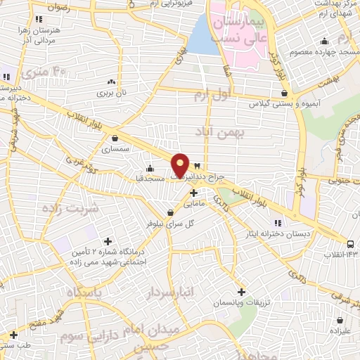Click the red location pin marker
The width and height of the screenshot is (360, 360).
(181, 165)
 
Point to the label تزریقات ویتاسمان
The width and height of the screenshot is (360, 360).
(240, 302)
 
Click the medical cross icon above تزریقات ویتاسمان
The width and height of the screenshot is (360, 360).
(241, 291)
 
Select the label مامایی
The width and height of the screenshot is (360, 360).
(193, 205)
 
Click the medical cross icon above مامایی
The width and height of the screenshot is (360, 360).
(193, 193)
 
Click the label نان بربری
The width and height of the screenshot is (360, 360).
(110, 92)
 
